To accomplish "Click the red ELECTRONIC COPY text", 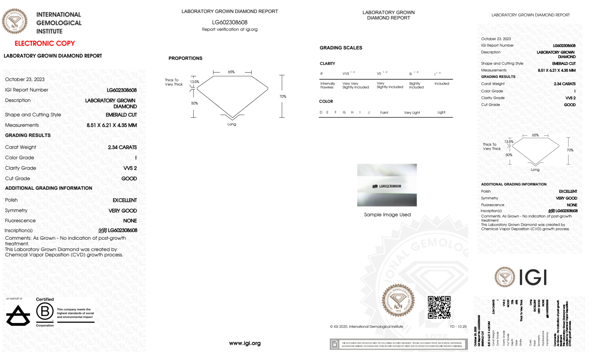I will pyautogui.click(x=45, y=44).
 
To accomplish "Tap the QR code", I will pyautogui.click(x=439, y=307).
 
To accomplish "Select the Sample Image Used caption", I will pyautogui.click(x=387, y=215).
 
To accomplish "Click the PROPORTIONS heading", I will pyautogui.click(x=186, y=58).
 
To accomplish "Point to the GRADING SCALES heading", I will pyautogui.click(x=341, y=48).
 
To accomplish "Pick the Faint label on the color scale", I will pyautogui.click(x=384, y=113).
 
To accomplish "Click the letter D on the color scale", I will pyautogui.click(x=321, y=112).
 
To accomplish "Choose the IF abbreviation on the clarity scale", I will pyautogui.click(x=322, y=74).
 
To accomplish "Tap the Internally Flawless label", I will pyautogui.click(x=327, y=86).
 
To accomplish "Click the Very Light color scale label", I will pyautogui.click(x=412, y=113).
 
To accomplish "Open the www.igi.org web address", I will pyautogui.click(x=245, y=343).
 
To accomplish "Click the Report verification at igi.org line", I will pyautogui.click(x=230, y=30).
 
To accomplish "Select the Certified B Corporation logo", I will pyautogui.click(x=45, y=312).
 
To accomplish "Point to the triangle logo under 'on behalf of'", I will pyautogui.click(x=18, y=316).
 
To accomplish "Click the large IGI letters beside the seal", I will pyautogui.click(x=533, y=278).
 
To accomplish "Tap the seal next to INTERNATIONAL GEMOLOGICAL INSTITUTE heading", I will pyautogui.click(x=15, y=21).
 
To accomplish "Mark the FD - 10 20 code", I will pyautogui.click(x=458, y=327).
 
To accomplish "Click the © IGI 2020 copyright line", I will pyautogui.click(x=367, y=327).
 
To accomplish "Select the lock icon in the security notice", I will pyautogui.click(x=335, y=344).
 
